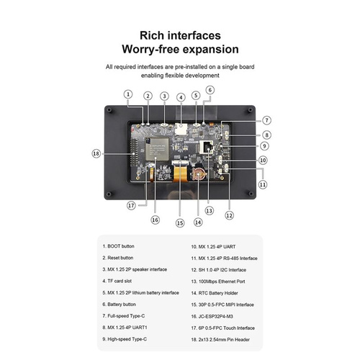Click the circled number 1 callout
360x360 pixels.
point(128,94)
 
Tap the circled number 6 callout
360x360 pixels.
point(210,90)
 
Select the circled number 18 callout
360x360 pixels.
point(96,153)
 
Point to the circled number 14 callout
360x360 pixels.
point(198,222)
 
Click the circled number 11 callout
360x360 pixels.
point(263,184)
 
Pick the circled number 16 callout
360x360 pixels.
point(155,220)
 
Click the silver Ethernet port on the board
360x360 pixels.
point(206,147)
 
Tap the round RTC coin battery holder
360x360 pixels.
point(198,174)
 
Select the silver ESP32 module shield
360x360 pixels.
point(157,149)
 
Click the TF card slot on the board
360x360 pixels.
point(181,129)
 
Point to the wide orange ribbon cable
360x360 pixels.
point(180,174)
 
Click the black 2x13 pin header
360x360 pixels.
point(134,153)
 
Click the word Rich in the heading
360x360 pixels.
point(150,35)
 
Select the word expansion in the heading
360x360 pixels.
point(210,50)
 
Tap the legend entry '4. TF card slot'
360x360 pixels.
point(117,281)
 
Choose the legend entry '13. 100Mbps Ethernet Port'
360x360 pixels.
point(218,282)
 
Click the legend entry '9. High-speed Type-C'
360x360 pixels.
point(125,339)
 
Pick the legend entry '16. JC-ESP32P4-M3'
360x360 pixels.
point(212,316)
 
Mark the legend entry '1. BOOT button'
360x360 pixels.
point(118,246)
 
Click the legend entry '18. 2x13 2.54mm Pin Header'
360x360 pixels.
point(220,340)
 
